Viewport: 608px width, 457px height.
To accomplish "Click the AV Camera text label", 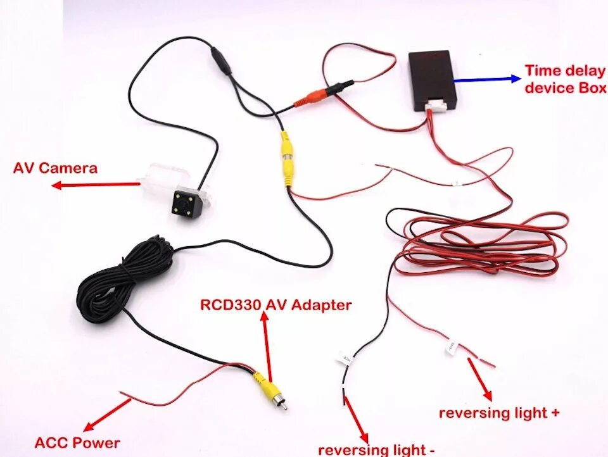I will (56, 168).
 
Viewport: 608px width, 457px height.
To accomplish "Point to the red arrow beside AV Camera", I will (95, 185).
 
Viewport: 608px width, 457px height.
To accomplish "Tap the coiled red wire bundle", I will (481, 244).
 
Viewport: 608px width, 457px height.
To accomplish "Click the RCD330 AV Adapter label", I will (275, 305).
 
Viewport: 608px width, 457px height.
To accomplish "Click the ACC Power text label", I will (77, 442).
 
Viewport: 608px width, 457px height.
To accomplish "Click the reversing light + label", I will (499, 413).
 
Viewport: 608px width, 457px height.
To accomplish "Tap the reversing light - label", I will (376, 449).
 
